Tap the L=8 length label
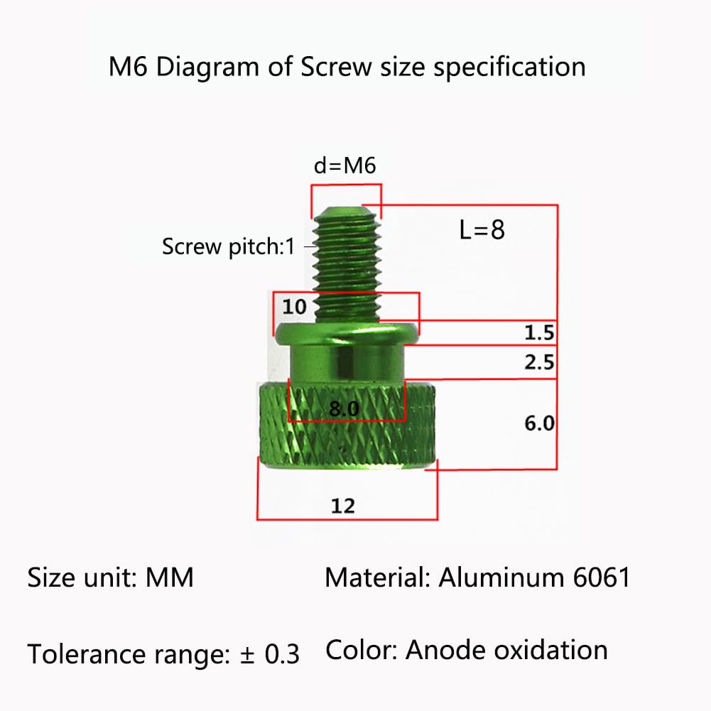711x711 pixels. pyautogui.click(x=482, y=229)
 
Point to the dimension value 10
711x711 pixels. pyautogui.click(x=294, y=308)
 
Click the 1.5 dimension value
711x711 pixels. pyautogui.click(x=538, y=332)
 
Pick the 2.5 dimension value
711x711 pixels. pyautogui.click(x=538, y=362)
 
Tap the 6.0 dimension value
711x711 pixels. pyautogui.click(x=538, y=423)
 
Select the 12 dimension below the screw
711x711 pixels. pyautogui.click(x=342, y=506)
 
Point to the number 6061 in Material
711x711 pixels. pyautogui.click(x=601, y=577)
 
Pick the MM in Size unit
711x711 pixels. pyautogui.click(x=169, y=577)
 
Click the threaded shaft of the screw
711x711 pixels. pyautogui.click(x=347, y=263)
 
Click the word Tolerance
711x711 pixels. pyautogui.click(x=83, y=653)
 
